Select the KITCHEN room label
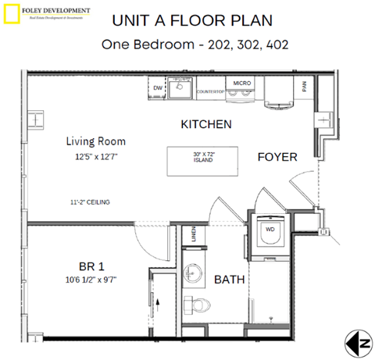[x=205, y=124]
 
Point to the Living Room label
[x=95, y=141]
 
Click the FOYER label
[x=277, y=157]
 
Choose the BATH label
[x=229, y=278]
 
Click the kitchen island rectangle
[x=203, y=157]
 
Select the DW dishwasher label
[x=157, y=88]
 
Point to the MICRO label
[x=241, y=82]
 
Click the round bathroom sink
[x=193, y=273]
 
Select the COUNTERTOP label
[x=211, y=91]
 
